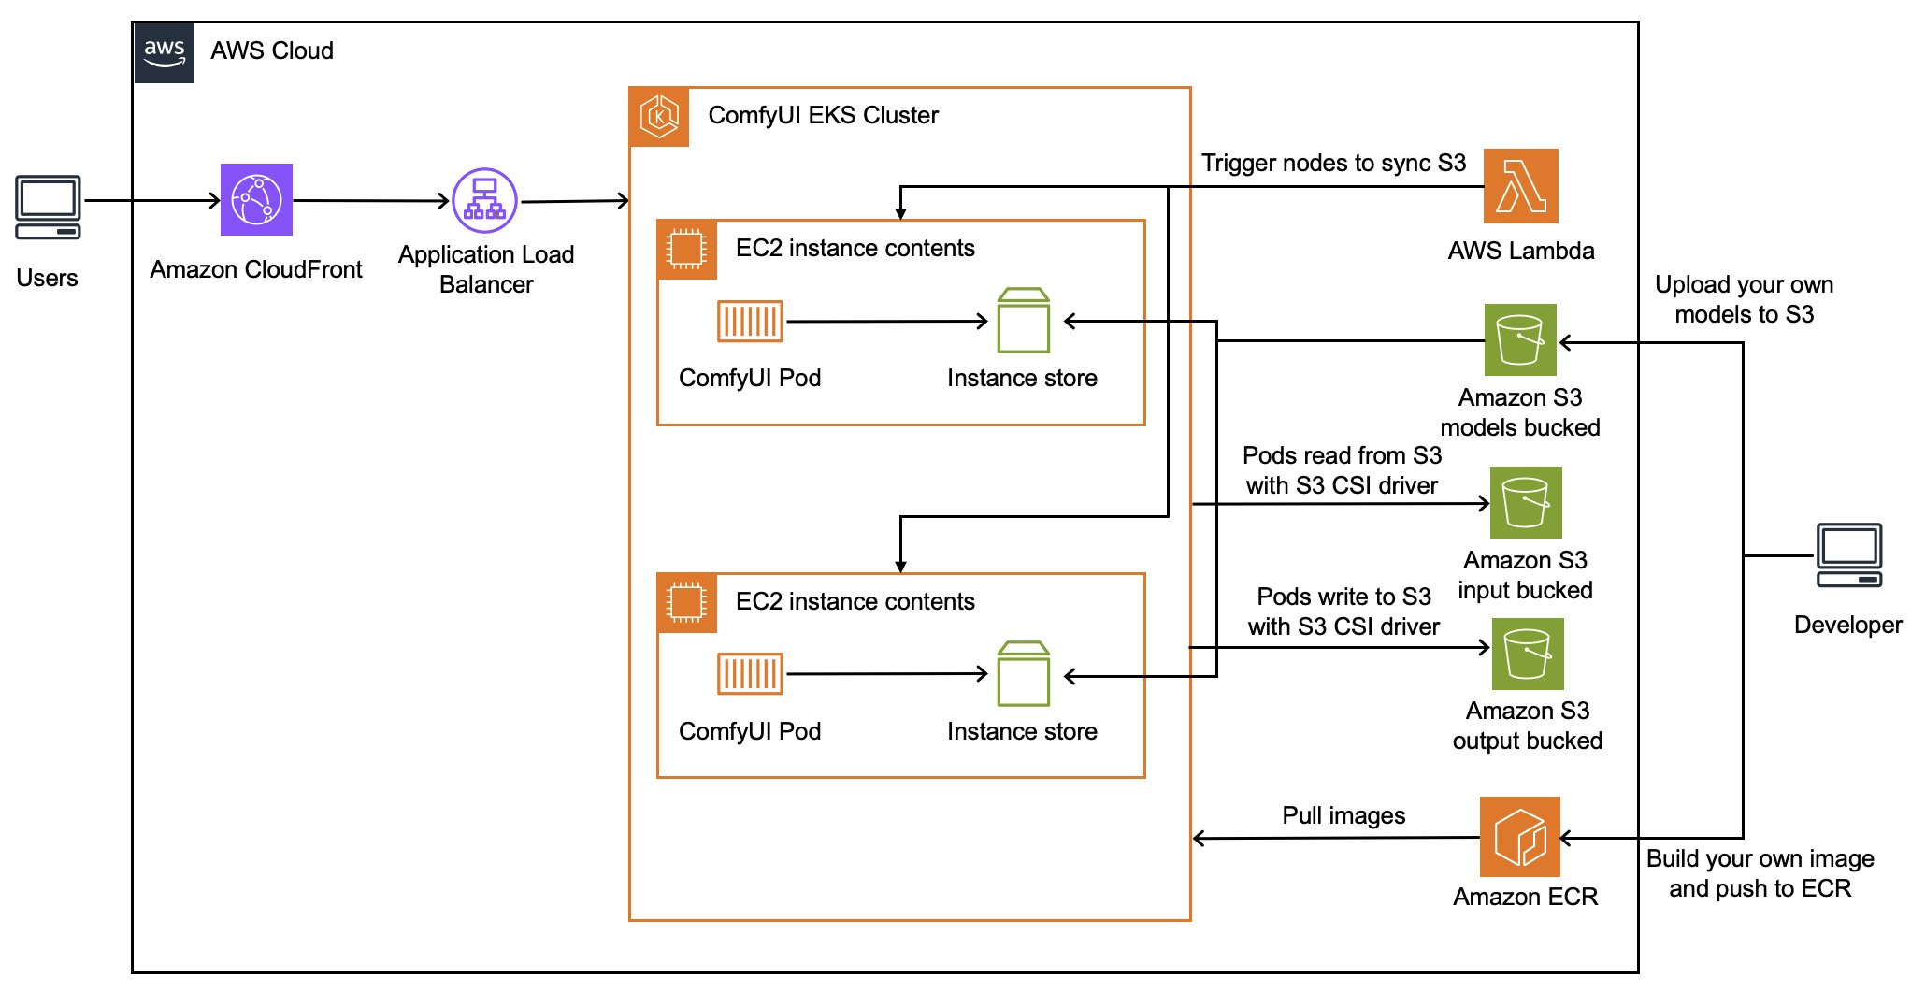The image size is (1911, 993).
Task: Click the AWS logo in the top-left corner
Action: (x=165, y=53)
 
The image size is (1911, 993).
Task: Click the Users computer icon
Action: (x=48, y=208)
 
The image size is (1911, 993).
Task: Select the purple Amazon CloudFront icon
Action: (x=256, y=200)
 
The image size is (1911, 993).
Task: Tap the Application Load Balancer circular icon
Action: (x=484, y=200)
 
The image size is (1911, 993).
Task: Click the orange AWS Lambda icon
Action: (x=1520, y=186)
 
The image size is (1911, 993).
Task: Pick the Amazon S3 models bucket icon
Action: (x=1520, y=339)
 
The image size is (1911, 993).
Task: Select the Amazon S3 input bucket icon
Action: (x=1525, y=503)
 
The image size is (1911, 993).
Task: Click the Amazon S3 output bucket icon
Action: (x=1527, y=654)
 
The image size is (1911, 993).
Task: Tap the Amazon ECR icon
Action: (x=1519, y=836)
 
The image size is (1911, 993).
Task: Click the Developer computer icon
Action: (x=1848, y=555)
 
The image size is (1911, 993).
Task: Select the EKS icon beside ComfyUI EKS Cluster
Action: (x=659, y=117)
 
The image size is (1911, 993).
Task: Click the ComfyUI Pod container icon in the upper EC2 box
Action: (x=750, y=322)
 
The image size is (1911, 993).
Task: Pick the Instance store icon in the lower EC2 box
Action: (x=1023, y=673)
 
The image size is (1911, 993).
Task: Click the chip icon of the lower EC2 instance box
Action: (x=686, y=603)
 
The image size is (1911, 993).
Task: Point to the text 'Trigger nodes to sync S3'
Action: (x=1333, y=164)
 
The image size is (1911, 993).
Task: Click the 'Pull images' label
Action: (x=1343, y=815)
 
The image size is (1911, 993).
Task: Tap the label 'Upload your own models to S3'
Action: (x=1744, y=299)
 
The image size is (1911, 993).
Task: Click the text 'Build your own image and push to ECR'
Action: (x=1760, y=873)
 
